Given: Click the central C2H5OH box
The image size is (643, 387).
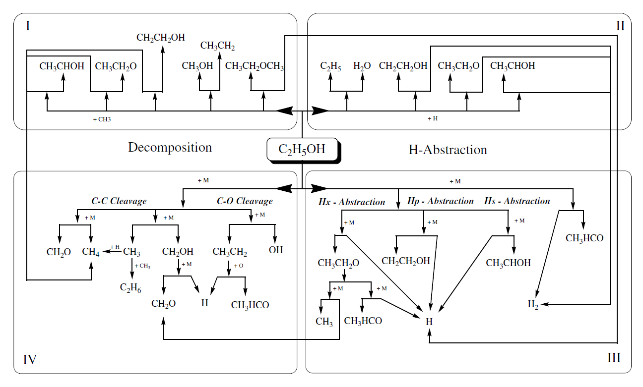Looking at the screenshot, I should [303, 149].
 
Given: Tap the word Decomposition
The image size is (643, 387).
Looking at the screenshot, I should [170, 147].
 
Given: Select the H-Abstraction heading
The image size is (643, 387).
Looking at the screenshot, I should [448, 150].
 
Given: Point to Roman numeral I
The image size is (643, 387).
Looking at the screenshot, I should [28, 26].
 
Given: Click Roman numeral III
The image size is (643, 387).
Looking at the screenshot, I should [614, 358].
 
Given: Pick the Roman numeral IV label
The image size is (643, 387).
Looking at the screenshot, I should [30, 359].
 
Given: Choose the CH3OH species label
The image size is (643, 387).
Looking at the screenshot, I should [197, 66].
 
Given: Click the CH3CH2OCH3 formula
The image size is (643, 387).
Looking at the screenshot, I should [255, 66].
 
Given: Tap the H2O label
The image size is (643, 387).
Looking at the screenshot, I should [362, 66].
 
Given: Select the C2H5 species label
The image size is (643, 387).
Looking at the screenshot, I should [330, 66].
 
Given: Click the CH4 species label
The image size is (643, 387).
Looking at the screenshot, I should [91, 252].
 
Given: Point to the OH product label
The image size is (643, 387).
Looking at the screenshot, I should [276, 250].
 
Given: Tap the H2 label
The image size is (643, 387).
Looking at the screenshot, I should [533, 304].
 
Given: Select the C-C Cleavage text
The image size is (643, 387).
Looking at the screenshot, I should [119, 201].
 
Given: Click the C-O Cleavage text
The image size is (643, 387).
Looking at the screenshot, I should [245, 201].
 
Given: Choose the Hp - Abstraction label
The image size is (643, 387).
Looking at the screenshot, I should [440, 201].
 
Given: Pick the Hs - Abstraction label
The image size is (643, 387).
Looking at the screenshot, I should [517, 201].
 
